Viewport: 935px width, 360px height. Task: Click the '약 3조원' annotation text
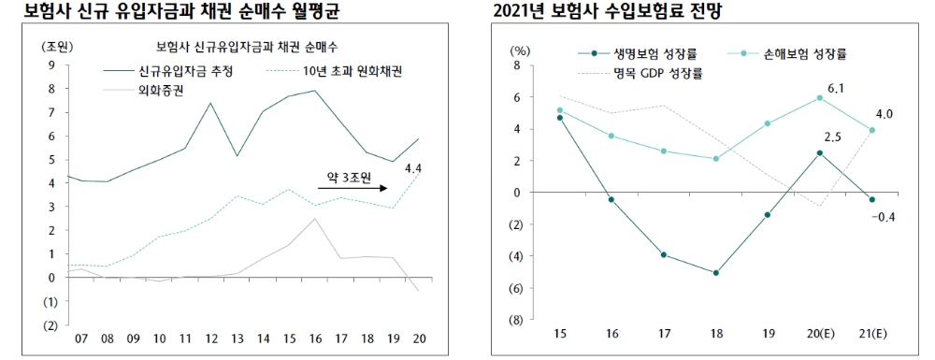[x=346, y=176]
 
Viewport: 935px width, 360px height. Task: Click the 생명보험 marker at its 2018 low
[x=715, y=273]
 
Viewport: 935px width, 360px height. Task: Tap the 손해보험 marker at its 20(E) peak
[x=820, y=97]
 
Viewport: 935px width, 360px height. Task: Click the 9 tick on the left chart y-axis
[x=50, y=65]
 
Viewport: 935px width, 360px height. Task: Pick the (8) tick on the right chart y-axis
[x=515, y=320]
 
